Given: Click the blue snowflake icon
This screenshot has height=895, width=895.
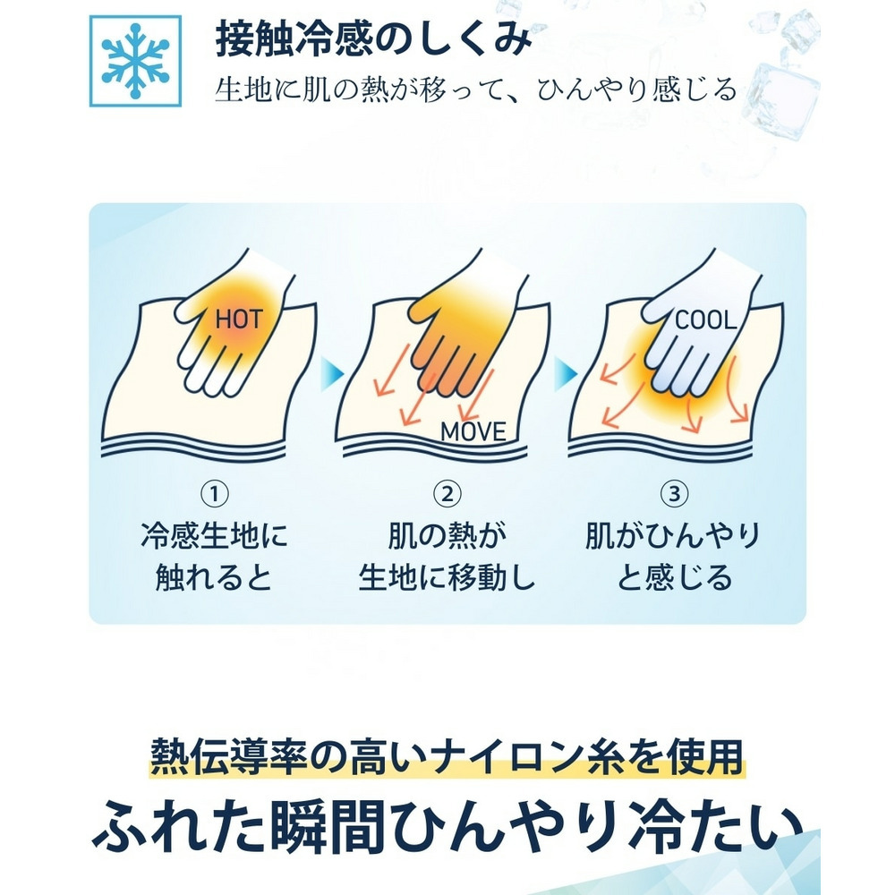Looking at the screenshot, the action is [x=135, y=61].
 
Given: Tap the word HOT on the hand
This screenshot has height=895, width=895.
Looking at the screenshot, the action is [x=239, y=320].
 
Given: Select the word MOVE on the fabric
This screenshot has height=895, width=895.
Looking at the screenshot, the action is [x=473, y=431].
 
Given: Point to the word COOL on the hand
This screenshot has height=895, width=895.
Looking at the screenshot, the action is [x=705, y=320].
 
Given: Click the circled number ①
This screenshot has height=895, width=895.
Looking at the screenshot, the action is [x=215, y=493].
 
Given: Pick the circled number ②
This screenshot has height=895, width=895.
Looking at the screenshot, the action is [x=447, y=493].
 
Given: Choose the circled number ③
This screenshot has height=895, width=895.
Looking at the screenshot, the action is [x=675, y=493].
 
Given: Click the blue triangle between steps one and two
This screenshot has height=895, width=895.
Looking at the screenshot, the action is [x=332, y=374].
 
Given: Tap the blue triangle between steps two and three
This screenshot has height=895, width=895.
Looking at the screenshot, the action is [x=565, y=374].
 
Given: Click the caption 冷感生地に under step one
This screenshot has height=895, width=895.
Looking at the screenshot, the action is [x=215, y=535].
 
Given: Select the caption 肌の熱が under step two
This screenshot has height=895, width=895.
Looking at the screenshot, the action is [x=447, y=535].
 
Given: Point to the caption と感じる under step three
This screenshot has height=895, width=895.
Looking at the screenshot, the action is [x=675, y=577].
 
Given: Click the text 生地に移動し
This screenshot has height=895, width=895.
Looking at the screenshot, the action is [x=447, y=577].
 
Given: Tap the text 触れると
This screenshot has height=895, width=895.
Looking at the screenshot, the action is [x=214, y=577].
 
